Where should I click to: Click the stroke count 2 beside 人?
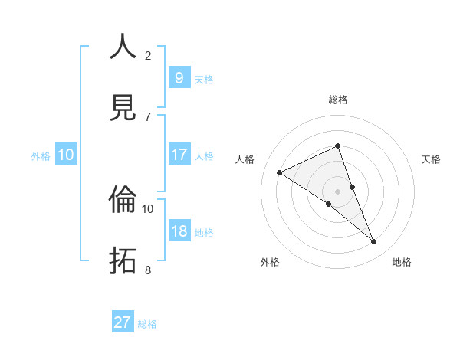click(148, 55)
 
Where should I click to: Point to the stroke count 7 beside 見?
click(148, 116)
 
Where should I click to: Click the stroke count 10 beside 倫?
click(148, 208)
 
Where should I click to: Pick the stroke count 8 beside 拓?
click(148, 270)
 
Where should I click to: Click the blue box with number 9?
click(179, 78)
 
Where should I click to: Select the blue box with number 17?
click(179, 155)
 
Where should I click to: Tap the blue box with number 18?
click(179, 231)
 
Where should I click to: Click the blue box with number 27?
click(122, 322)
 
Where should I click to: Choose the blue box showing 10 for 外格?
click(66, 155)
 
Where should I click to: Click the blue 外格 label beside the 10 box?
click(41, 155)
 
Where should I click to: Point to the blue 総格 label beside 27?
click(147, 323)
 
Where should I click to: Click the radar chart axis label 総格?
click(338, 100)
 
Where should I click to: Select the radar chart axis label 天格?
click(432, 159)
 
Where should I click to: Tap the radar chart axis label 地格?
click(402, 263)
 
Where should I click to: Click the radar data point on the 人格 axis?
click(280, 172)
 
